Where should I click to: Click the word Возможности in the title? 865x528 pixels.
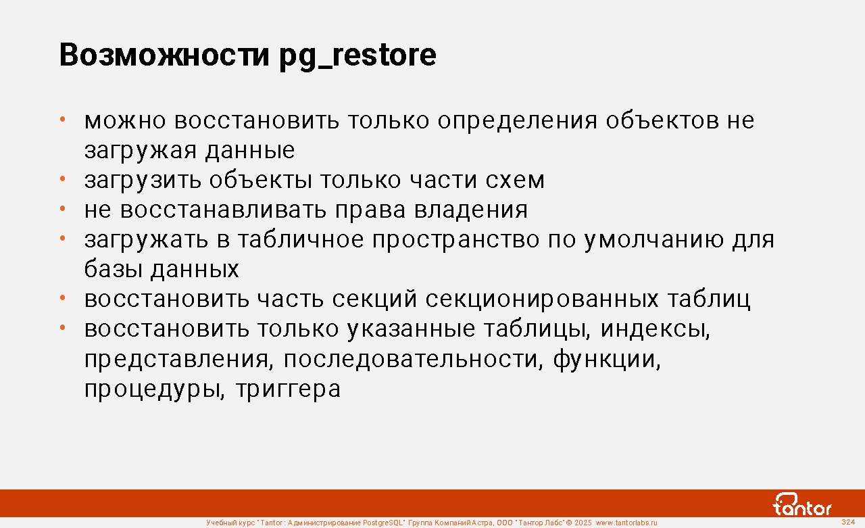pyautogui.click(x=164, y=55)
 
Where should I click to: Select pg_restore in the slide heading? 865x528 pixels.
pyautogui.click(x=357, y=57)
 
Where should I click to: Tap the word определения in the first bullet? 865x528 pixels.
pyautogui.click(x=517, y=121)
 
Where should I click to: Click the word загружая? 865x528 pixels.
pyautogui.click(x=141, y=151)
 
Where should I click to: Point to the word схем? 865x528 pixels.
pyautogui.click(x=515, y=181)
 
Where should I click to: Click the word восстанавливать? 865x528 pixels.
pyautogui.click(x=223, y=210)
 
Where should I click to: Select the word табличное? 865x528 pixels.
pyautogui.click(x=301, y=240)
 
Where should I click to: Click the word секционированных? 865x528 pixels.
pyautogui.click(x=541, y=299)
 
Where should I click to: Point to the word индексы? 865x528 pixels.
pyautogui.click(x=656, y=329)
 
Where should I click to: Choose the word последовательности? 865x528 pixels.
pyautogui.click(x=413, y=360)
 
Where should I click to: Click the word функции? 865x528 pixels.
pyautogui.click(x=607, y=360)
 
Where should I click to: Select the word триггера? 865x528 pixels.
pyautogui.click(x=288, y=389)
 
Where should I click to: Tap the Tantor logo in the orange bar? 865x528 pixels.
pyautogui.click(x=802, y=504)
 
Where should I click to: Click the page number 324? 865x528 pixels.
pyautogui.click(x=848, y=522)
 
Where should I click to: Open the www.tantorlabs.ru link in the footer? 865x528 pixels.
pyautogui.click(x=626, y=523)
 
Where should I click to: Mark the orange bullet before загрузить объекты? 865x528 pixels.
pyautogui.click(x=63, y=179)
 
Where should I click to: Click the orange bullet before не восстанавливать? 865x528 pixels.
pyautogui.click(x=63, y=209)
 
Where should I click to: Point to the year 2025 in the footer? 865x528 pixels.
pyautogui.click(x=583, y=523)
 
